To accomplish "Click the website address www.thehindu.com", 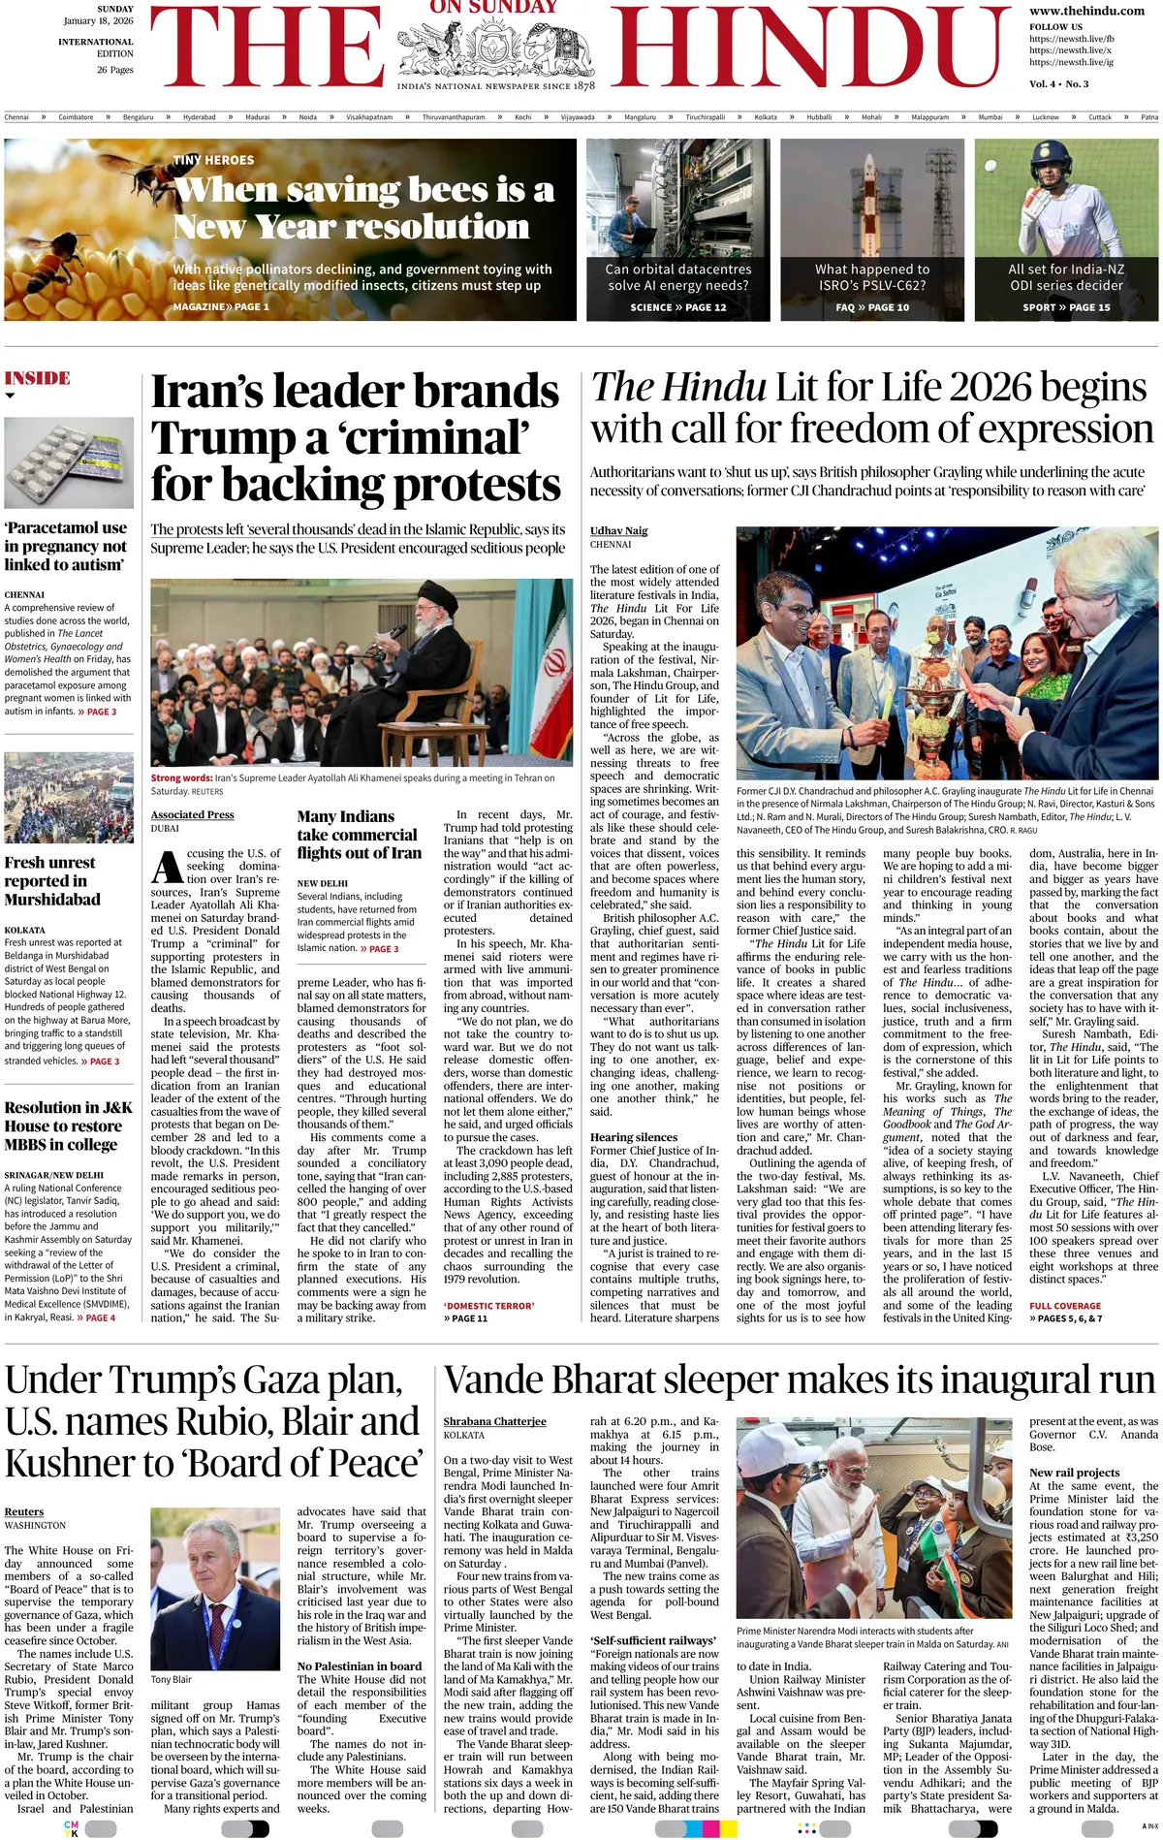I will click(1073, 11).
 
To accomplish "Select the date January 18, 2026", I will click(99, 20).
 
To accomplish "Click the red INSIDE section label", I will click(38, 378).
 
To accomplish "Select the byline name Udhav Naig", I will click(618, 530).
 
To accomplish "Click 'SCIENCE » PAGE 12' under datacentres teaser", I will click(677, 307).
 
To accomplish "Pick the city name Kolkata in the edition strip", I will click(766, 117).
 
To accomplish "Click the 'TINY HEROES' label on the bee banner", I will click(213, 160).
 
